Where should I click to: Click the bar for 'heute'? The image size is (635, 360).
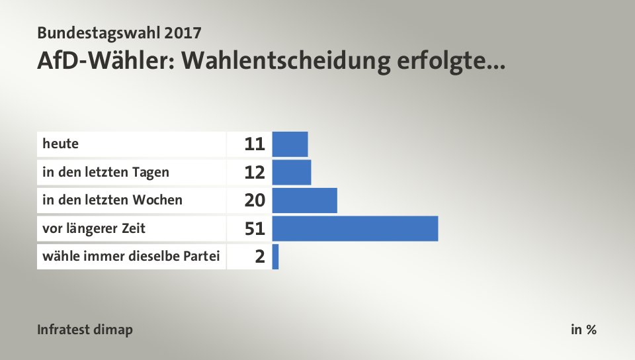click(290, 144)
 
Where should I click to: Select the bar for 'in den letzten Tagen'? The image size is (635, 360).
click(291, 172)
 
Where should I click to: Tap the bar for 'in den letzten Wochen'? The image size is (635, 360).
click(304, 200)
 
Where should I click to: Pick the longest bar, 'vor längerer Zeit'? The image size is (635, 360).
click(355, 228)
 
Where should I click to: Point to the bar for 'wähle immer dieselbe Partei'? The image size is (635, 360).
click(275, 256)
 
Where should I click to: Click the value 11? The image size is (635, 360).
click(255, 144)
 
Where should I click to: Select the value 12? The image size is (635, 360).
click(255, 172)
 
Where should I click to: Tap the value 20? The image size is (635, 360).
click(255, 200)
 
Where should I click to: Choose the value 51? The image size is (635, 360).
click(255, 228)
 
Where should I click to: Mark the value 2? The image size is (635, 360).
click(260, 257)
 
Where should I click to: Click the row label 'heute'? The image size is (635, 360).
click(56, 144)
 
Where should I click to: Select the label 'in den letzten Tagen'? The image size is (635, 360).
click(105, 172)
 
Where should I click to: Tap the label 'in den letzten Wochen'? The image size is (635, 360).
click(112, 200)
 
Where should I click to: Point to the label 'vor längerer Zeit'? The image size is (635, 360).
click(94, 228)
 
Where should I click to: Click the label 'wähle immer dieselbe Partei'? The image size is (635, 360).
click(131, 256)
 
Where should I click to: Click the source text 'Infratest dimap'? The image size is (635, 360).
click(85, 330)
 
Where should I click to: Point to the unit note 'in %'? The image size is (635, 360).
click(583, 330)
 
